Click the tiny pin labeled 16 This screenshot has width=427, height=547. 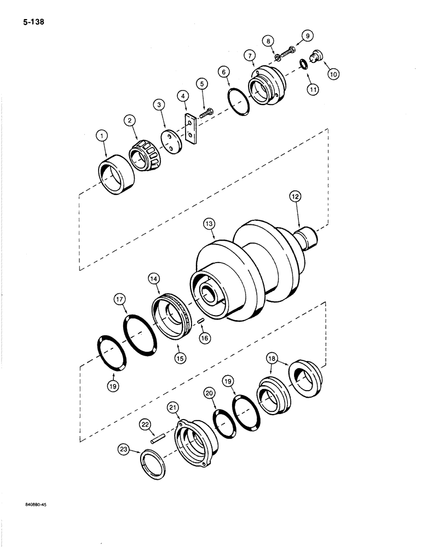(x=201, y=321)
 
